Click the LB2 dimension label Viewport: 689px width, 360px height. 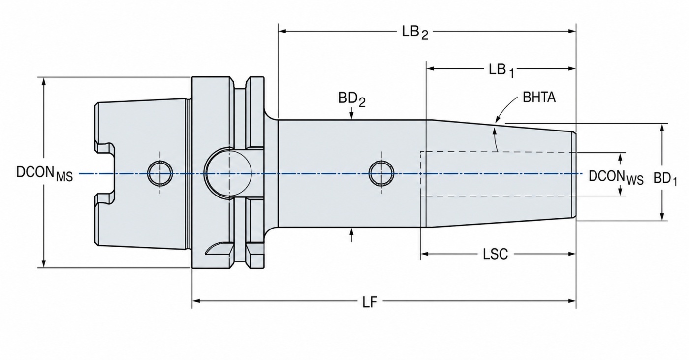[415, 33]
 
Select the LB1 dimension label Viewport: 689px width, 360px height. [501, 70]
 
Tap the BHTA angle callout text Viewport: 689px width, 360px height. [539, 98]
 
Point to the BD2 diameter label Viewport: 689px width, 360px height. [351, 99]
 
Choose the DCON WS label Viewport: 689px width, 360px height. [616, 178]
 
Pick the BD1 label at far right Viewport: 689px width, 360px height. [665, 179]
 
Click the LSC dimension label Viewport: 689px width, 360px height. [495, 254]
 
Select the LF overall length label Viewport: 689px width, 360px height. [370, 302]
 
